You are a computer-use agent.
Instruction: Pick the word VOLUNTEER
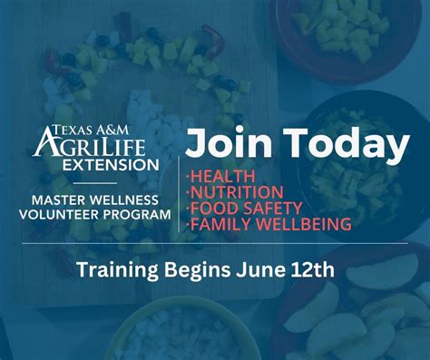coord(68,215)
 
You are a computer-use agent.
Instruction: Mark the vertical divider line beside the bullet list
coord(178,186)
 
